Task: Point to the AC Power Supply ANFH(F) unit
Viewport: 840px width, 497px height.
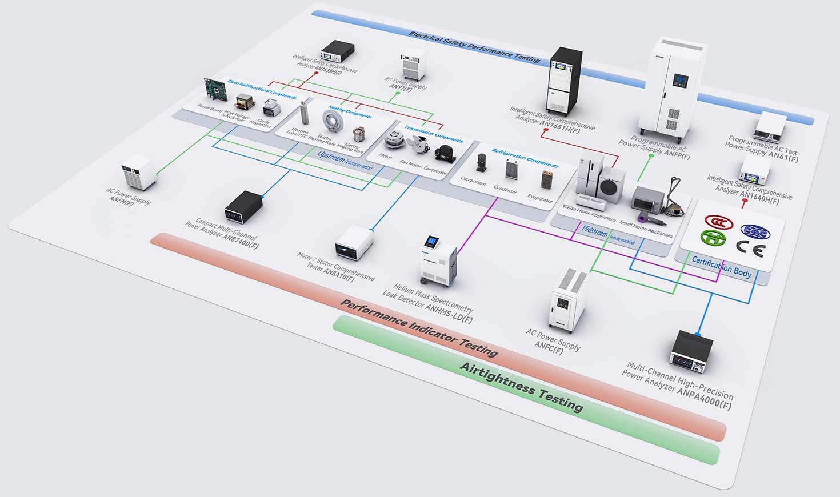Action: pos(139,172)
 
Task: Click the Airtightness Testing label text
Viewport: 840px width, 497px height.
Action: pos(522,387)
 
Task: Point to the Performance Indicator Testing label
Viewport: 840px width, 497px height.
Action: pos(419,327)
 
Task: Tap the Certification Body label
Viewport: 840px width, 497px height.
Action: pos(722,267)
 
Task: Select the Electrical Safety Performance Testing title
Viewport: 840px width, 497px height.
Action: pos(474,46)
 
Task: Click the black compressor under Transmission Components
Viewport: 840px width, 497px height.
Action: pos(443,153)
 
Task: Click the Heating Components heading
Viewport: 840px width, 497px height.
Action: pos(350,113)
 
